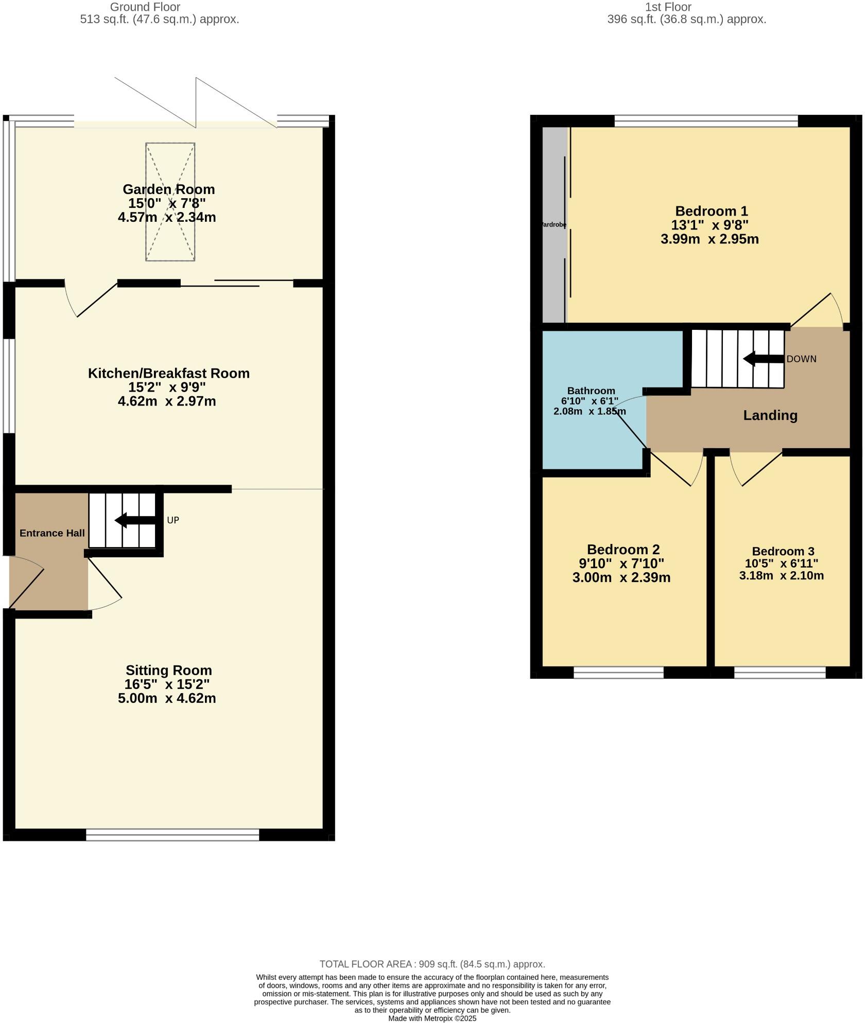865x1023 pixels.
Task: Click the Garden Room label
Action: [168, 189]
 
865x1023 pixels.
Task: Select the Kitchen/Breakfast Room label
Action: [168, 373]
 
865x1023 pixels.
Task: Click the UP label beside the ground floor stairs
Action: [173, 520]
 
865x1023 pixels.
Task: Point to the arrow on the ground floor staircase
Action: [135, 520]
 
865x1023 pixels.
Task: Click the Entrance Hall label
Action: [52, 533]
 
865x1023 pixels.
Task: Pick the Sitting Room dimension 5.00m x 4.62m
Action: [167, 698]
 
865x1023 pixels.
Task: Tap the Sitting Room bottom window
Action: [172, 835]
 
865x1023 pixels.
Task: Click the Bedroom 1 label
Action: [711, 211]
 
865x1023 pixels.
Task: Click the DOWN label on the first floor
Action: [801, 359]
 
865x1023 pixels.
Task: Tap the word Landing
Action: [770, 415]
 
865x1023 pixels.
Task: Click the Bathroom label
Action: [591, 391]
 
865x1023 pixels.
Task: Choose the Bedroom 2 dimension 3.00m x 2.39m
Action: [621, 577]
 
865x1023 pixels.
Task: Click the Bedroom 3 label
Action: [783, 552]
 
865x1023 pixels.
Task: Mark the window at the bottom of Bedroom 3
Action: [780, 672]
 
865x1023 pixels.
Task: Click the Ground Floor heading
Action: [145, 7]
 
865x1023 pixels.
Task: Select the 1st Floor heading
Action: [668, 7]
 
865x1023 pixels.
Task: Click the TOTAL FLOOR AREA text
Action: [432, 964]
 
